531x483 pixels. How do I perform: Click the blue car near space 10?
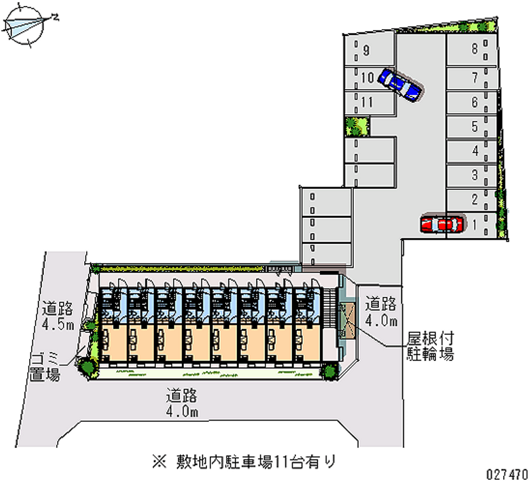(x=400, y=84)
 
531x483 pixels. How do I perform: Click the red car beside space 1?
(x=442, y=224)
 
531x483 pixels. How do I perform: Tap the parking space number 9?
(x=366, y=50)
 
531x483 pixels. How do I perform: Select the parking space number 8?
(x=475, y=48)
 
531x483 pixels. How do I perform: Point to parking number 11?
(x=367, y=102)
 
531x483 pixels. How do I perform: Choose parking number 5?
(x=475, y=127)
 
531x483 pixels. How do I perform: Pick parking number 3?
(x=475, y=175)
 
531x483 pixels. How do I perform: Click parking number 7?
(x=475, y=78)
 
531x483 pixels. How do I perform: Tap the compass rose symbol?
(x=25, y=25)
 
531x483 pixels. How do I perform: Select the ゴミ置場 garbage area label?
(x=45, y=367)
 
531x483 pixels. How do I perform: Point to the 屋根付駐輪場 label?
(x=430, y=346)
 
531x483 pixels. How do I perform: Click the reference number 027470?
(x=507, y=474)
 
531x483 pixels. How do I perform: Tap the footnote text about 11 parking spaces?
(x=244, y=462)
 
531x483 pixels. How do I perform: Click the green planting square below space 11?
(x=357, y=127)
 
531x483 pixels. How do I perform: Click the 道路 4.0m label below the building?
(x=182, y=403)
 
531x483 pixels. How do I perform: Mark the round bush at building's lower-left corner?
(x=88, y=367)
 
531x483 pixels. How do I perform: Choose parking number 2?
(x=475, y=199)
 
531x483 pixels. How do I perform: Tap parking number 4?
(x=475, y=151)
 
